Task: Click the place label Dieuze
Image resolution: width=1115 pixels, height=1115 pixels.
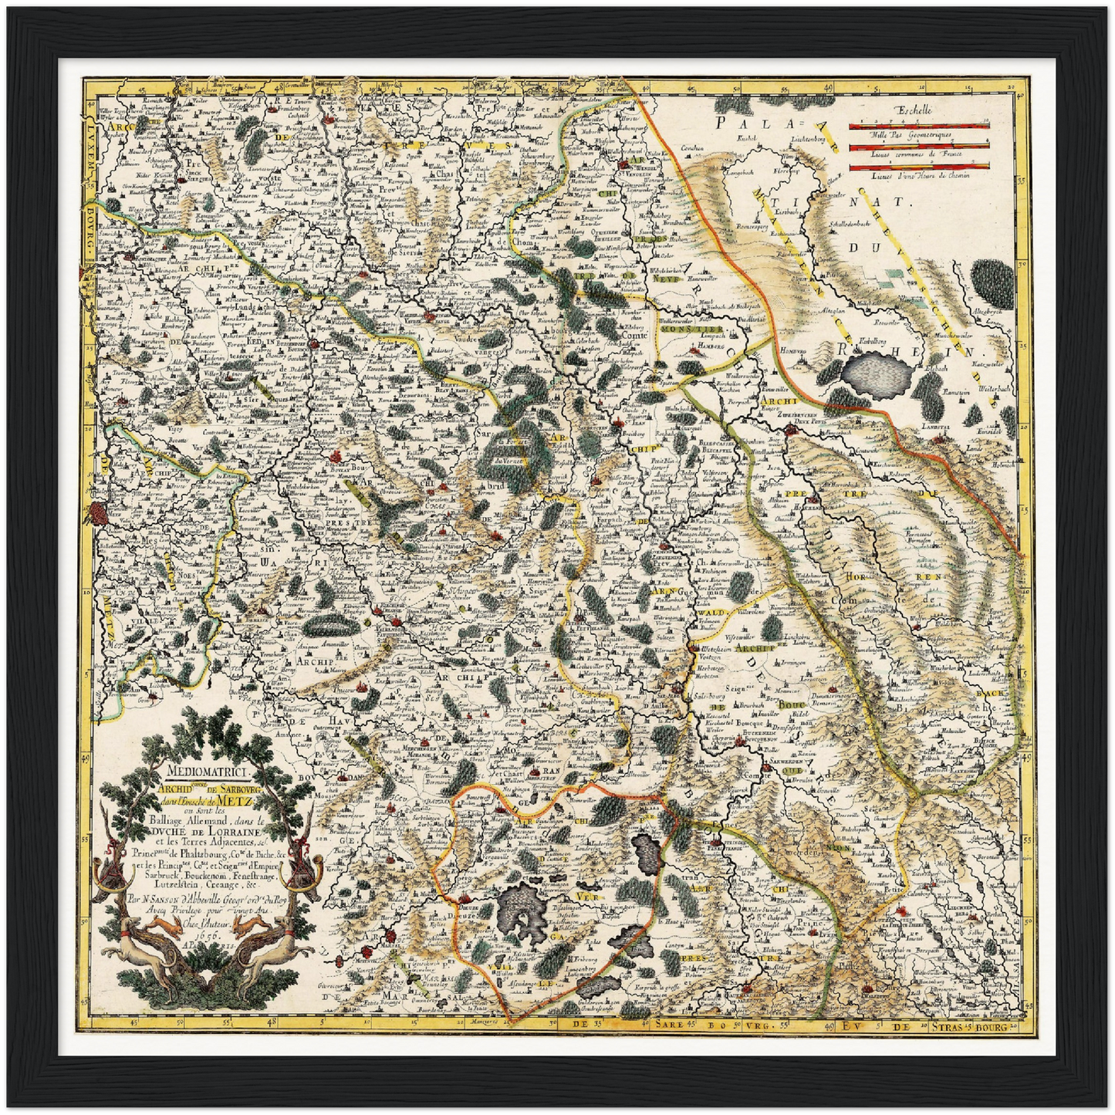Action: click(x=470, y=908)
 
